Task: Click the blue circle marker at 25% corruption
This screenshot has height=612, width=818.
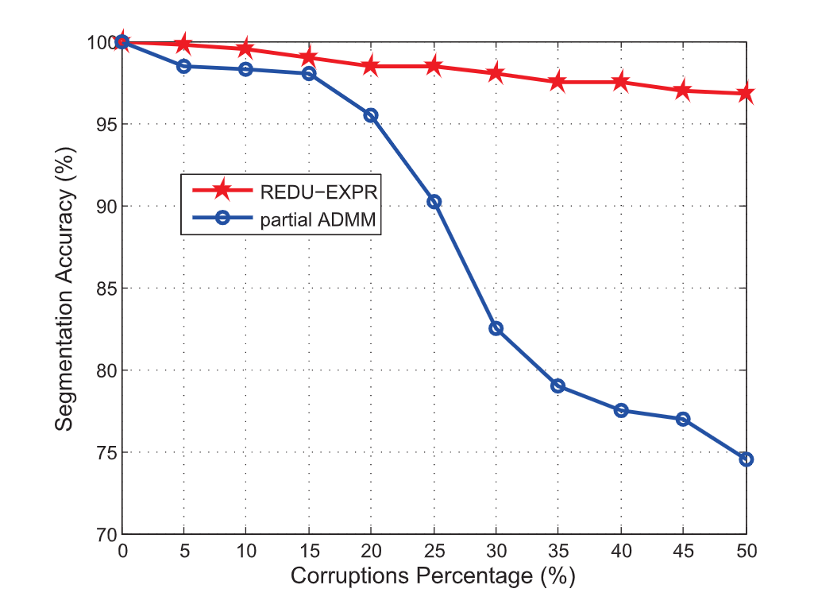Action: click(434, 202)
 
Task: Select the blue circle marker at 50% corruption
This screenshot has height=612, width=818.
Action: click(746, 459)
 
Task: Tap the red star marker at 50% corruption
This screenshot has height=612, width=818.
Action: click(746, 93)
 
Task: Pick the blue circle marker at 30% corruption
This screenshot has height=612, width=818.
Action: click(496, 328)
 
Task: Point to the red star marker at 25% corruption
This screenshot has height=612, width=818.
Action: click(434, 66)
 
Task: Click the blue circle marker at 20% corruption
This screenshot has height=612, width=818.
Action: click(371, 115)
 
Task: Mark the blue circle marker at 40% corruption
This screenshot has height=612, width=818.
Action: click(621, 410)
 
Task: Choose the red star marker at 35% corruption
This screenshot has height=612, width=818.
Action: click(558, 82)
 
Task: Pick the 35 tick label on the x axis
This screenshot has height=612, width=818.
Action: click(558, 551)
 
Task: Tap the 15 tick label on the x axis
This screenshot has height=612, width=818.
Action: click(308, 551)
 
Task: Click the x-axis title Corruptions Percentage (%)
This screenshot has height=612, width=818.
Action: click(433, 575)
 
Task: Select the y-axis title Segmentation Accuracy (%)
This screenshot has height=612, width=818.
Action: click(65, 288)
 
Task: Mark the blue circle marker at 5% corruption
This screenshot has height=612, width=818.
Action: click(183, 66)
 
